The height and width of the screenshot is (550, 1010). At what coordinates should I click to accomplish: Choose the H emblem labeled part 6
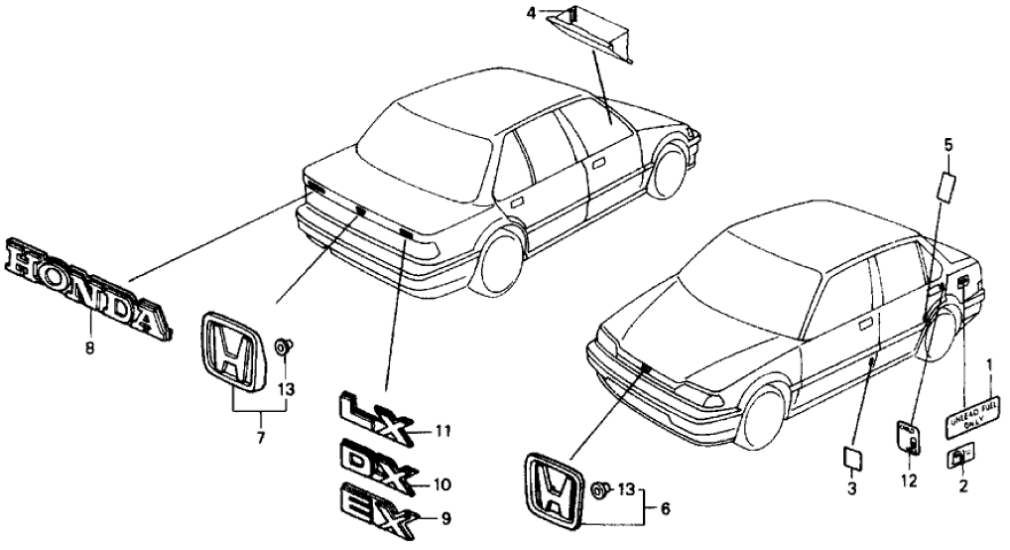point(555,491)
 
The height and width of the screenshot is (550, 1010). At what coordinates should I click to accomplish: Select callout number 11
point(442,430)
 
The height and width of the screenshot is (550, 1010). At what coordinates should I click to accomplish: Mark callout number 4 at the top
point(559,13)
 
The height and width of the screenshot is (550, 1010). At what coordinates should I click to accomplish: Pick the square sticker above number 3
point(851,457)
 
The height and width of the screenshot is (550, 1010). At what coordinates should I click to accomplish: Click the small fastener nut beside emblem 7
point(284,345)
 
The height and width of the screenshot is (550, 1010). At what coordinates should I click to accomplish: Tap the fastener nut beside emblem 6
point(601,490)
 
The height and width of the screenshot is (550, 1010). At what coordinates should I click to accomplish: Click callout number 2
point(960,486)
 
